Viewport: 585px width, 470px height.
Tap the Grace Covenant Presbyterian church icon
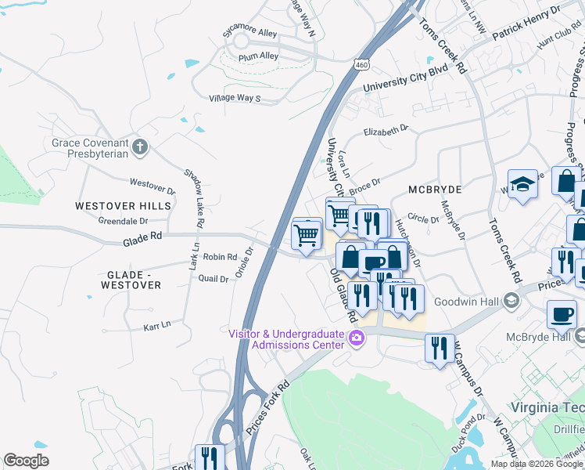139,146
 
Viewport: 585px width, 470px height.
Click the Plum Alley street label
259,56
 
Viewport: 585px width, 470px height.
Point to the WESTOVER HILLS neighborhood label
123,205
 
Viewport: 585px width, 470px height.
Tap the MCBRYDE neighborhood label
435,190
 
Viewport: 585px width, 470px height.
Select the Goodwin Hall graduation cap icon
511,300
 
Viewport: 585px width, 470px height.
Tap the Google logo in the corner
26,461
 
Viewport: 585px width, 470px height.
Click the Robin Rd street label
220,257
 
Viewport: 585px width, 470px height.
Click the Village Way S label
234,98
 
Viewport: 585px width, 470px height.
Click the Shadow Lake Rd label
194,198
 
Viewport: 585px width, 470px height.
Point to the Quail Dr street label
214,278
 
